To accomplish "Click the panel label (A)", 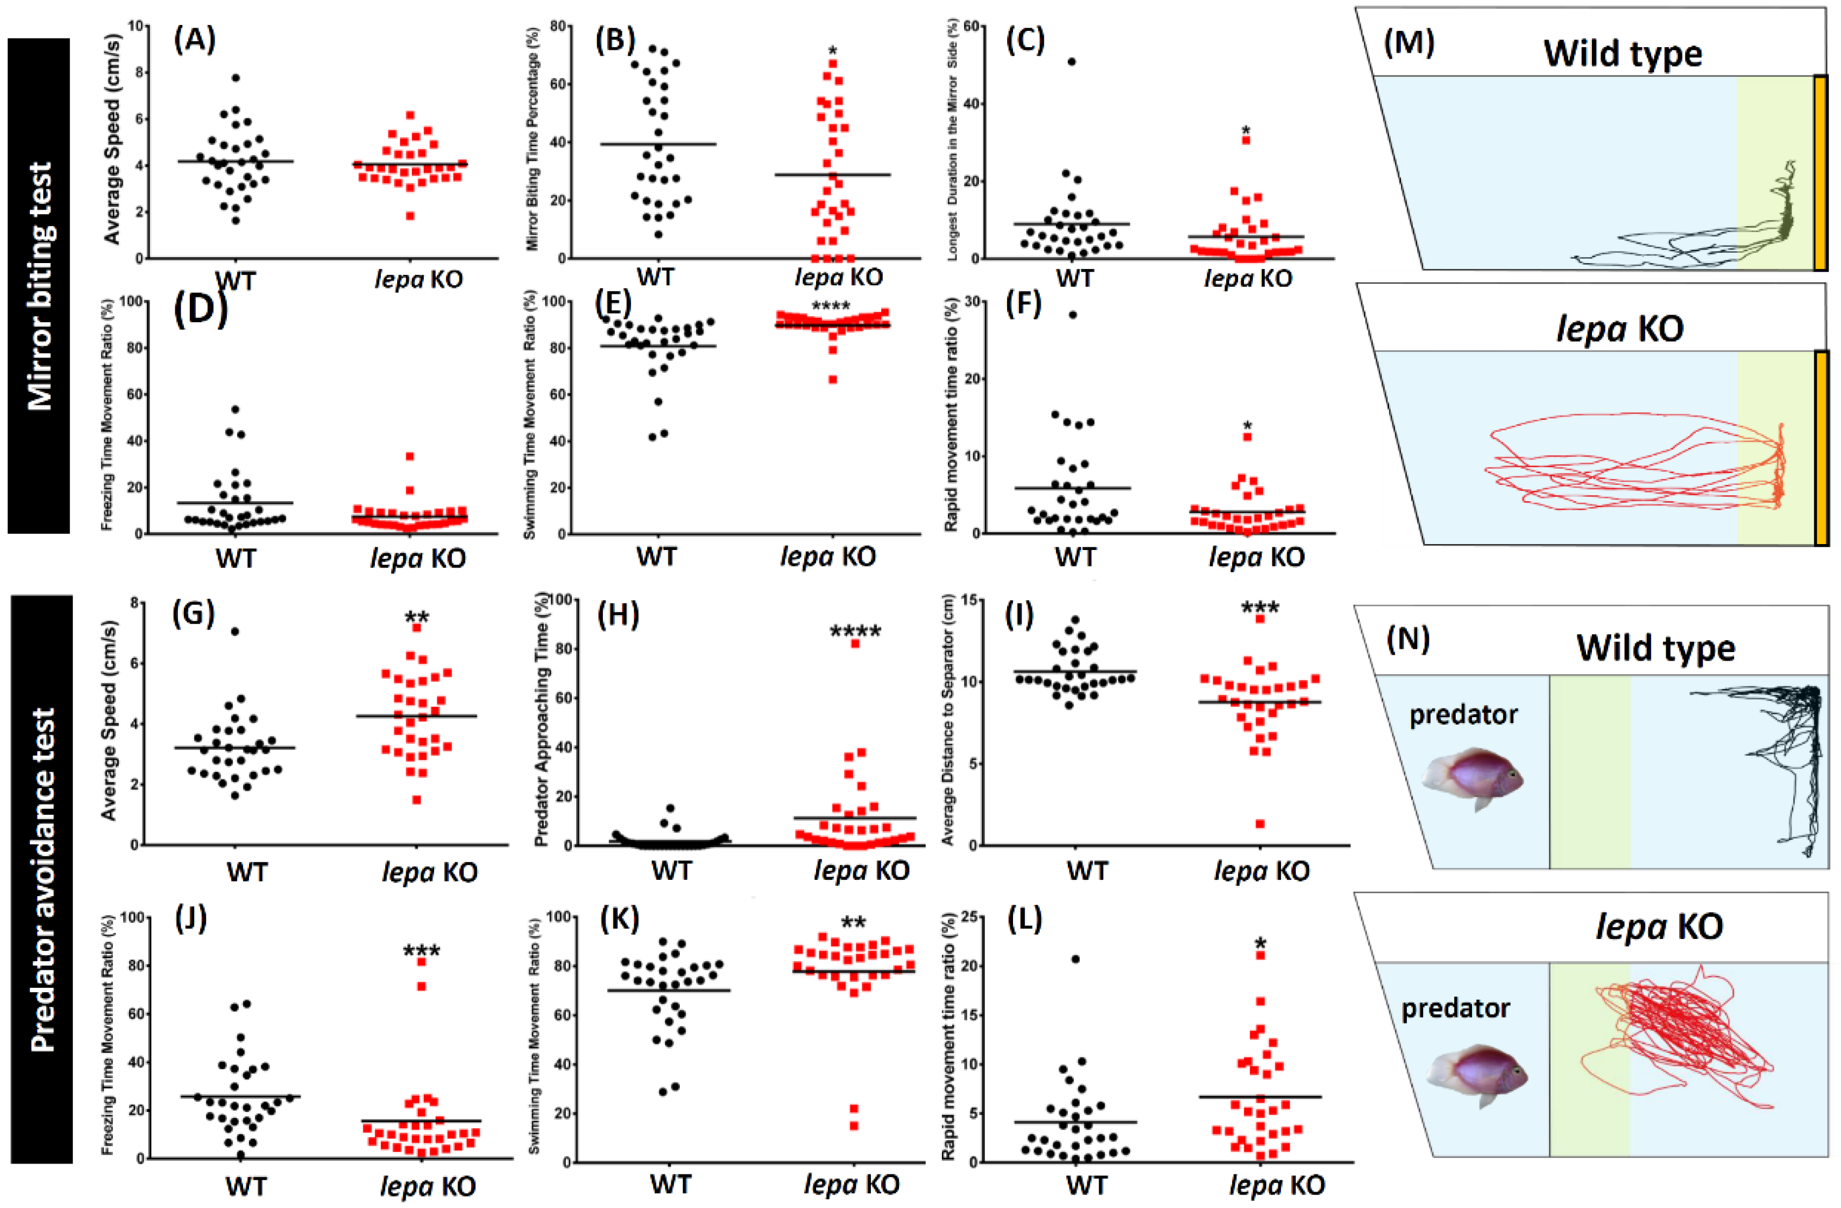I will [x=194, y=40].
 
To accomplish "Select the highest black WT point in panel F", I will [x=1073, y=314].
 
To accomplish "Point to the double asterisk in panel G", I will [x=417, y=617].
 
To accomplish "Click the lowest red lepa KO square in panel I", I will [x=1260, y=823].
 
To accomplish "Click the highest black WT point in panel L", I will [x=1075, y=959].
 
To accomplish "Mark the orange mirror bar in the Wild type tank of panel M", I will [x=1821, y=172].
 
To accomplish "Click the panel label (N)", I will [x=1408, y=640].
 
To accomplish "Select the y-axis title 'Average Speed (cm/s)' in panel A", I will [x=112, y=139].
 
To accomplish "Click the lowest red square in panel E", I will [x=832, y=379].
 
